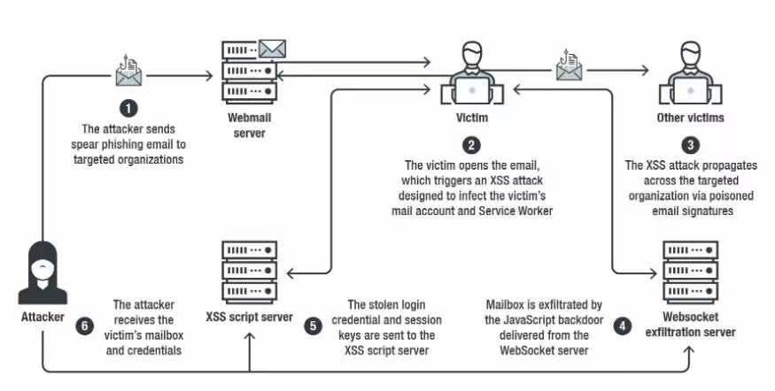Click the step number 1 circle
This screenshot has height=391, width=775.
pyautogui.click(x=129, y=108)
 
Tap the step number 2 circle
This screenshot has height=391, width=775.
pyautogui.click(x=471, y=144)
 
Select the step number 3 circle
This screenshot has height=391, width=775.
pyautogui.click(x=691, y=144)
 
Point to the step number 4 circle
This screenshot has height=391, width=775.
pyautogui.click(x=624, y=325)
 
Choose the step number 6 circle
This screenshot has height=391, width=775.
pyautogui.click(x=85, y=325)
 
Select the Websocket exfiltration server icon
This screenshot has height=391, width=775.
pyautogui.click(x=690, y=270)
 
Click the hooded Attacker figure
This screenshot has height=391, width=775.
pyautogui.click(x=40, y=270)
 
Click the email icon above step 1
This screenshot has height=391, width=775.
pyautogui.click(x=129, y=71)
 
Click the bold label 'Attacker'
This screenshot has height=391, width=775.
pyautogui.click(x=40, y=314)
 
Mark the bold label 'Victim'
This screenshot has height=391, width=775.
pyautogui.click(x=471, y=117)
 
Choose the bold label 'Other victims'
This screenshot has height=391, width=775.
pyautogui.click(x=691, y=117)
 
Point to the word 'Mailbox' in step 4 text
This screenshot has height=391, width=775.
pyautogui.click(x=506, y=303)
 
